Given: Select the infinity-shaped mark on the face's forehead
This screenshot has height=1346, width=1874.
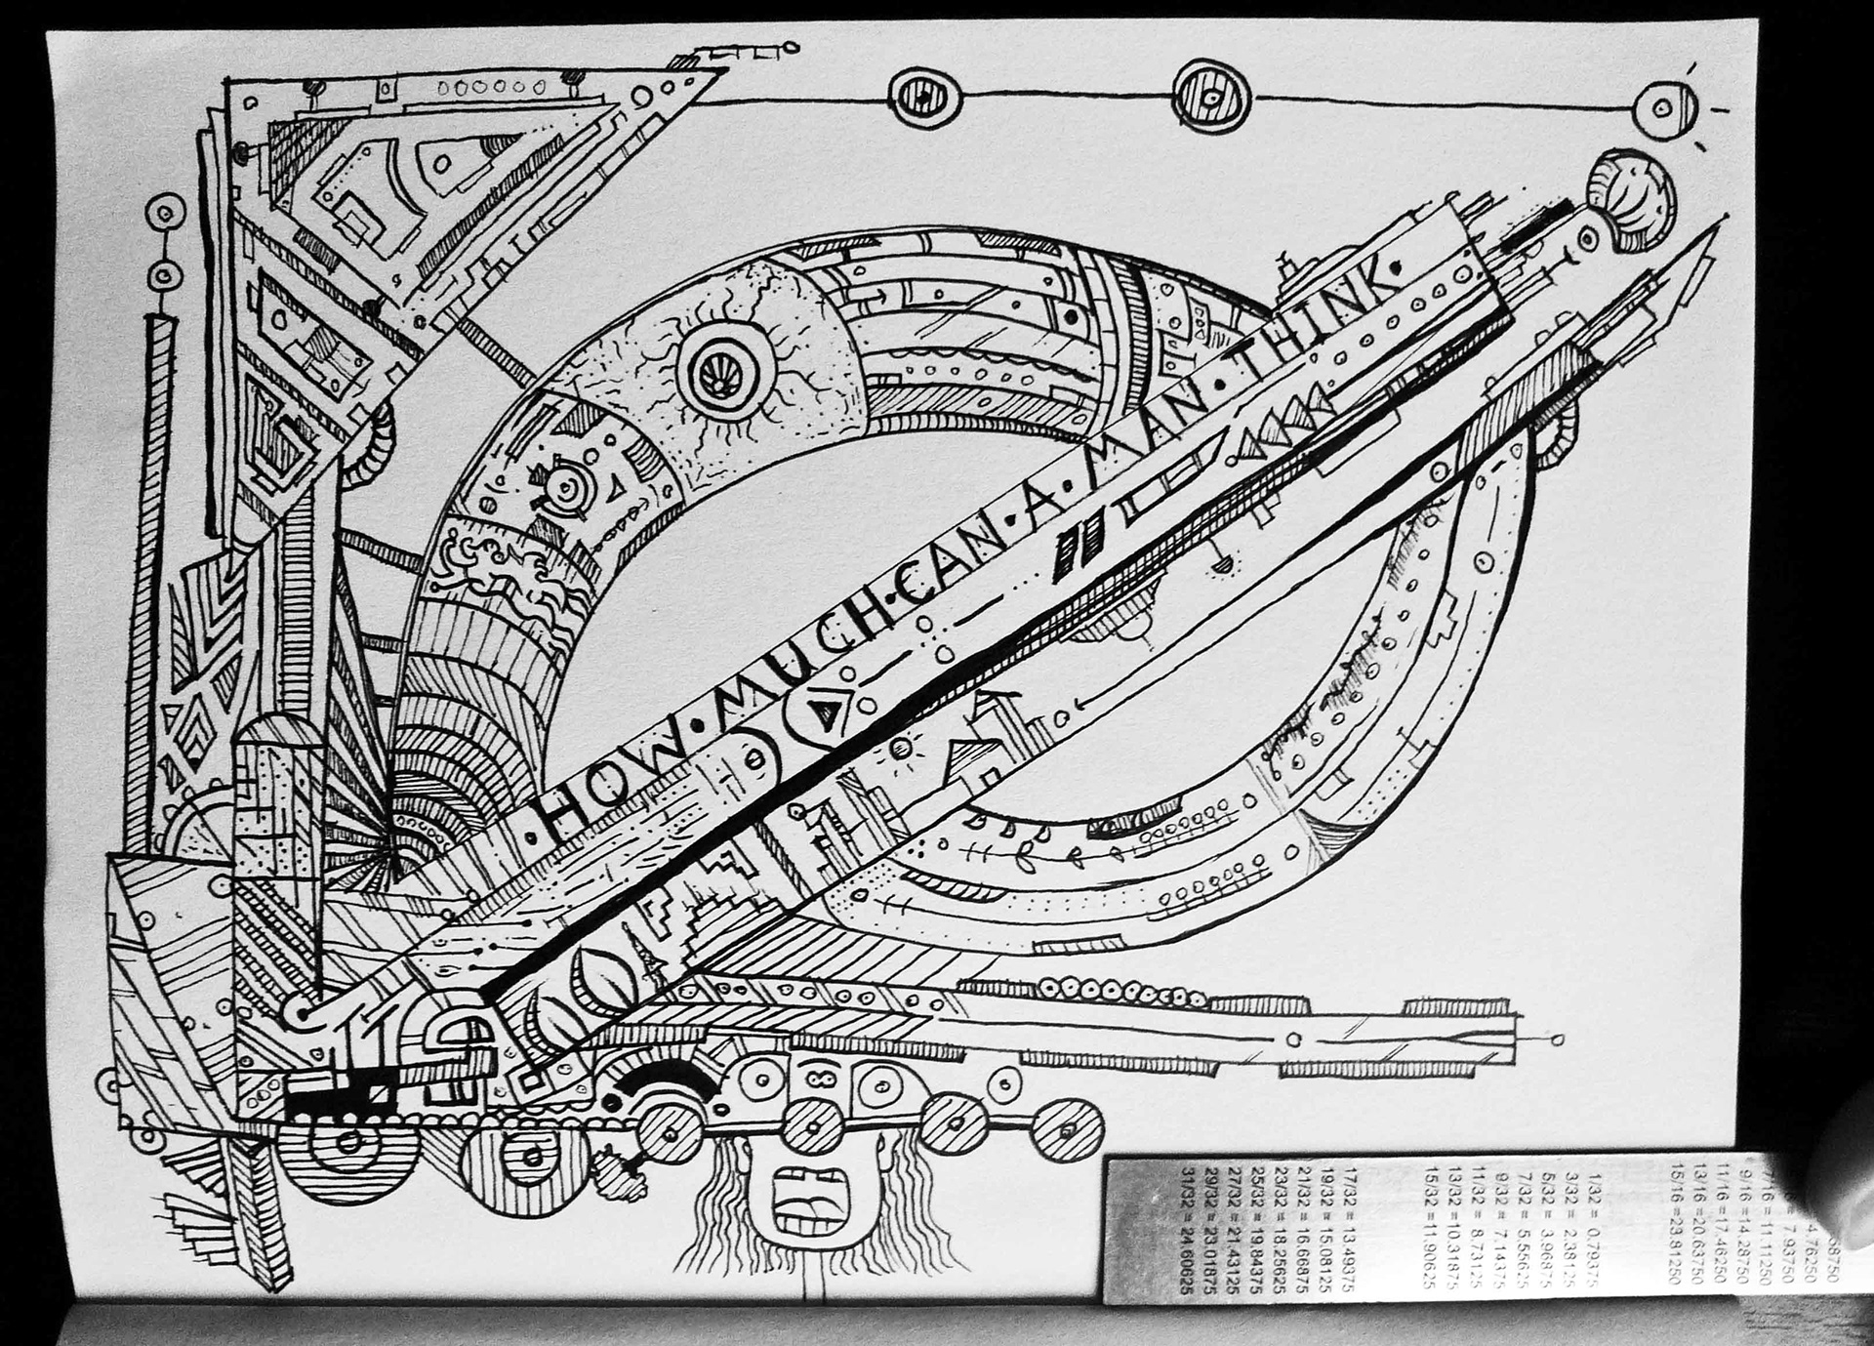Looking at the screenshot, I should click(x=817, y=1077).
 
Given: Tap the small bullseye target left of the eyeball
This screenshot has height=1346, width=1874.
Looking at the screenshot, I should click(x=563, y=485).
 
